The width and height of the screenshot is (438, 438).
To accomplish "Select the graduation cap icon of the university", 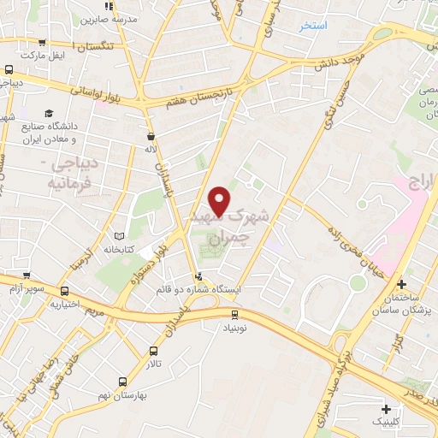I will [49, 113].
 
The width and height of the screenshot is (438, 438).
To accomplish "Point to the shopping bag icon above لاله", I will [151, 135].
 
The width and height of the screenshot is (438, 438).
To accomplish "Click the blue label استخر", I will [314, 27].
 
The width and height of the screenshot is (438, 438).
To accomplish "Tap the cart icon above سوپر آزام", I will [27, 277].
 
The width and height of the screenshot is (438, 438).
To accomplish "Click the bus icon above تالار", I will [153, 350].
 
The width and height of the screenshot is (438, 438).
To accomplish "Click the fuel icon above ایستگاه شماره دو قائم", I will [198, 275].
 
